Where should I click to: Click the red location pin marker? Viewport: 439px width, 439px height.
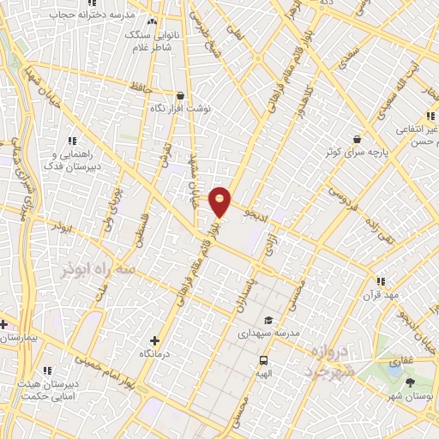click(x=220, y=201)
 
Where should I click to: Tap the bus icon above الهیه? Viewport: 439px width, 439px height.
click(x=263, y=360)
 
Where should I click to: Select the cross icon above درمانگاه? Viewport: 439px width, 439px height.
click(x=154, y=340)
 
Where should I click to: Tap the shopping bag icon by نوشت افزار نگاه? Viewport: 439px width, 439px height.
click(x=180, y=96)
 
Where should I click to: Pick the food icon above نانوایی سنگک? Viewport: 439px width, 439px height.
click(x=153, y=21)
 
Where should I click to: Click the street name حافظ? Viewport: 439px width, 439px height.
click(x=140, y=87)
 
